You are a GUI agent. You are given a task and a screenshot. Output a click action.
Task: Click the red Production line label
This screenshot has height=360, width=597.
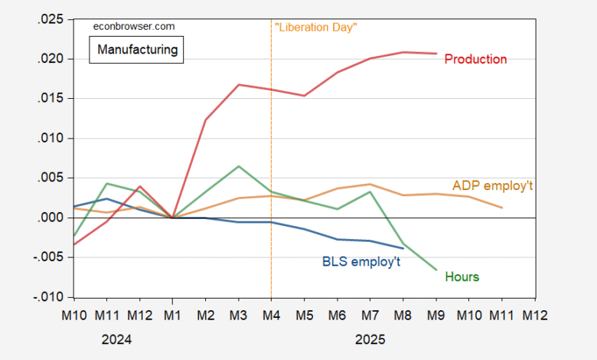click(x=475, y=59)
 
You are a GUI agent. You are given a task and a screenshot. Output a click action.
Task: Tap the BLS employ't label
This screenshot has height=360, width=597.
click(x=361, y=260)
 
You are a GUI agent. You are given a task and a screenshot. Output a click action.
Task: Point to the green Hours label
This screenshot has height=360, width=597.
click(x=462, y=277)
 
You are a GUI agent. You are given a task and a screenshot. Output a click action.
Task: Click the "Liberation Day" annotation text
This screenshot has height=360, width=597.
click(x=316, y=27)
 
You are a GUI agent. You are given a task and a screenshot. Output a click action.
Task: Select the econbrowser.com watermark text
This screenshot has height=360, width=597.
click(x=133, y=26)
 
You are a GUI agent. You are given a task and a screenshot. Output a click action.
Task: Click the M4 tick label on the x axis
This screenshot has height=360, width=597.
click(x=272, y=314)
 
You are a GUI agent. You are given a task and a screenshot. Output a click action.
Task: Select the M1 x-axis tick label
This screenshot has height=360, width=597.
click(x=172, y=314)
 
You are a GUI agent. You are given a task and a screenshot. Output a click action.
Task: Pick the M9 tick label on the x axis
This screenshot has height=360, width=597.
click(x=436, y=314)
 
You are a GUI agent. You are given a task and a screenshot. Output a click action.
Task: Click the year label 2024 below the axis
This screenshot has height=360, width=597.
click(x=117, y=338)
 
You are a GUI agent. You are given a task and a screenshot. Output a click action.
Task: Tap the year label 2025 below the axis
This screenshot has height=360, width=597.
click(x=370, y=338)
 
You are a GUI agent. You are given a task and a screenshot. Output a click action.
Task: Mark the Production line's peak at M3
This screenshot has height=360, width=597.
click(x=239, y=84)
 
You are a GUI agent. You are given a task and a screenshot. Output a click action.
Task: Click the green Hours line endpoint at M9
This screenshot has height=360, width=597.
click(x=436, y=270)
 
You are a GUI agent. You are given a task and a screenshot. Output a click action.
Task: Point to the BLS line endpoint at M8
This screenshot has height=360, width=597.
click(x=403, y=248)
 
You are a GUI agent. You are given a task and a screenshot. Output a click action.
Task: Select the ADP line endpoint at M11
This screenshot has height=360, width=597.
click(x=502, y=208)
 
